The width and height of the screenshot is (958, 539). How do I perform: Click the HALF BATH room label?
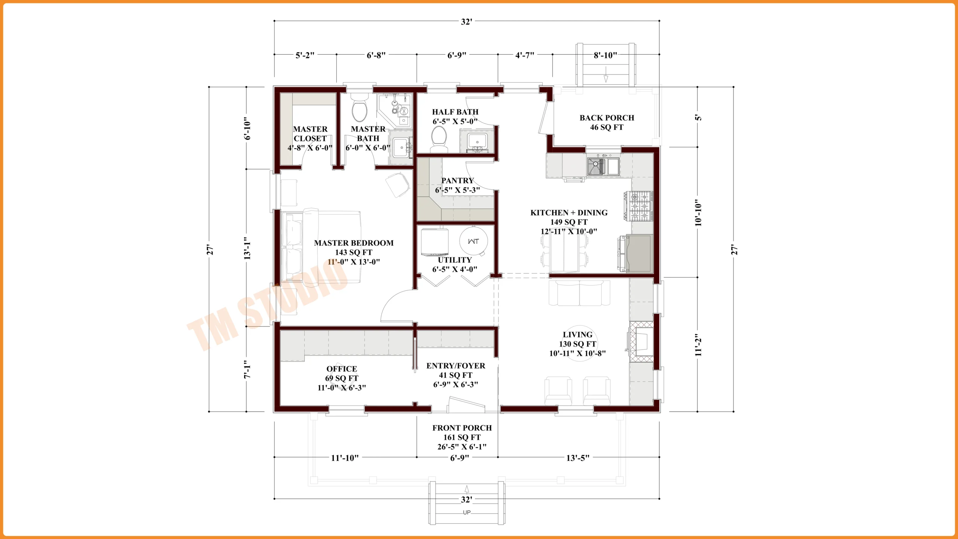pos(455,112)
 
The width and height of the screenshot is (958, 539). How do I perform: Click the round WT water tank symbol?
pos(473,241)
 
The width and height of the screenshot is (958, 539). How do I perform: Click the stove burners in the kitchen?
pos(641,206)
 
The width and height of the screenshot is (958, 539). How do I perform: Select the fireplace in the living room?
pos(642,341)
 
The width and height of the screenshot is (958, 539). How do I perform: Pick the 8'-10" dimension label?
pos(605,55)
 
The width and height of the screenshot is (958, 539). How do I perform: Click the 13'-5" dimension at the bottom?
pos(577,458)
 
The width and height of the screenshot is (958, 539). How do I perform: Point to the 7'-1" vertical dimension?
pos(247,370)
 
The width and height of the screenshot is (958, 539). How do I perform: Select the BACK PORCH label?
pos(607,118)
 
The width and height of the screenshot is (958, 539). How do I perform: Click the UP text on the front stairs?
pos(467,512)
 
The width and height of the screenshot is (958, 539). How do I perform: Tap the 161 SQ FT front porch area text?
pos(462,437)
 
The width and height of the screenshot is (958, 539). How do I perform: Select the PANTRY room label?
pos(457,181)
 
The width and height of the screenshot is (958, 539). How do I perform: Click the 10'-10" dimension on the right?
pos(698,212)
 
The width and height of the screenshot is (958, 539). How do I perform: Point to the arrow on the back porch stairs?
pos(605,78)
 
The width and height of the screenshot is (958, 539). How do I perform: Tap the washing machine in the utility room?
pos(434,242)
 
